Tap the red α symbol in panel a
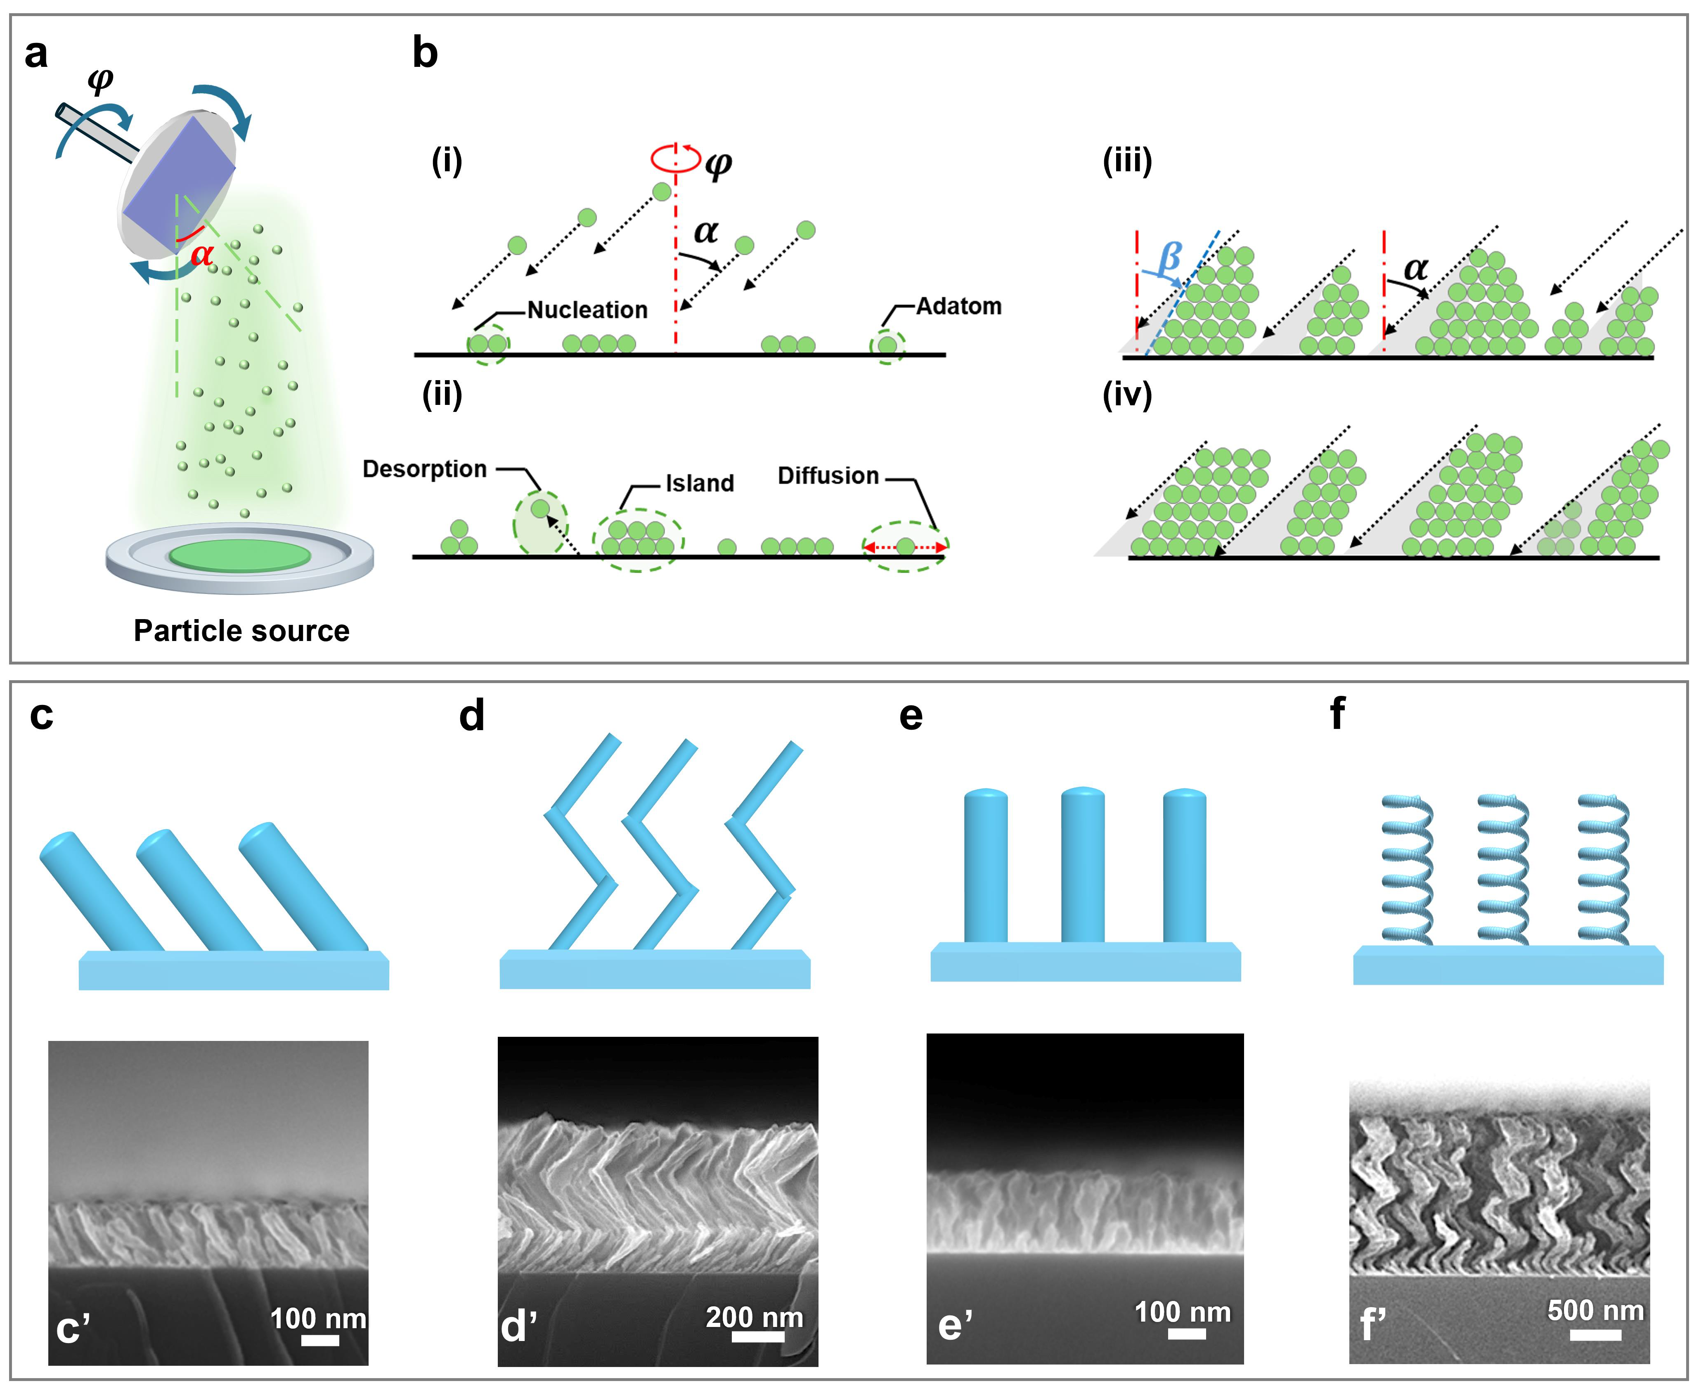[x=202, y=253]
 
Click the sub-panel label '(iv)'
[x=1127, y=395]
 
